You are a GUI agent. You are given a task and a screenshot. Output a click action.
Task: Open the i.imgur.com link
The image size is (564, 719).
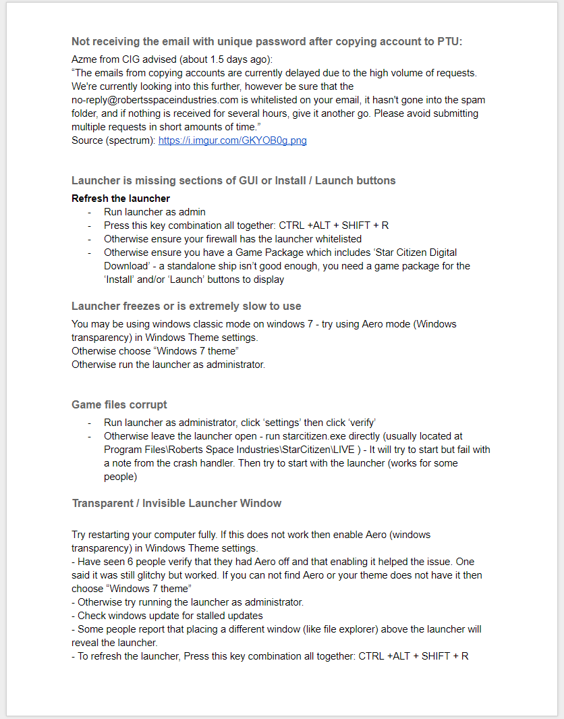point(232,140)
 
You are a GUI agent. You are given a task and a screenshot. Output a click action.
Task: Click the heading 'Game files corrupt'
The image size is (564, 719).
point(119,405)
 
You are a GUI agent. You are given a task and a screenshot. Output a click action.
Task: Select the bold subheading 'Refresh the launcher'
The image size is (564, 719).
point(121,198)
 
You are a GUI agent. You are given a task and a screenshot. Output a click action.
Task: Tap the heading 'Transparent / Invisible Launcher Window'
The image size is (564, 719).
point(177,504)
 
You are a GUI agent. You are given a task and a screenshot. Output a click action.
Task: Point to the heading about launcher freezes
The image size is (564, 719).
point(186,307)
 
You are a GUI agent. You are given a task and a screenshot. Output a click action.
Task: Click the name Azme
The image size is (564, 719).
point(84,59)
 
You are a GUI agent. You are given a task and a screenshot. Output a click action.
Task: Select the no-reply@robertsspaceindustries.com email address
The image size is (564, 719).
point(153,100)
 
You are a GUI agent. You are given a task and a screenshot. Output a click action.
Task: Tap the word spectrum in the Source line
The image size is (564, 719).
point(132,140)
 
